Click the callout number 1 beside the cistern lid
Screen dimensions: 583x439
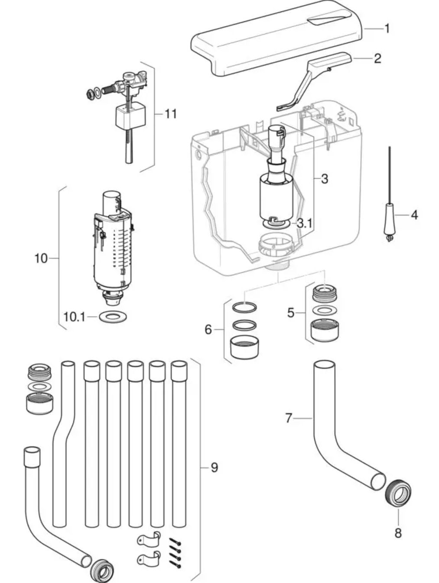(387, 29)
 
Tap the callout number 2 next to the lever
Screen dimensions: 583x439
(377, 58)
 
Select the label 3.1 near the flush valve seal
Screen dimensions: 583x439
(305, 223)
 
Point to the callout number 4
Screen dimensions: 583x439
(414, 215)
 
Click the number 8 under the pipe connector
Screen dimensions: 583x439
(398, 532)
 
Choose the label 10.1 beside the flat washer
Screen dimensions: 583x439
(75, 317)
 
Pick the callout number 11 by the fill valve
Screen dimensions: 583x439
(171, 114)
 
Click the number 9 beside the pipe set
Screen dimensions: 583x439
(214, 467)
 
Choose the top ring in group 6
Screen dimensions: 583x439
(244, 308)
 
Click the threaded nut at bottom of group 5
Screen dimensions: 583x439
(326, 331)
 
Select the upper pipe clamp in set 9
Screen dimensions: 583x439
(149, 539)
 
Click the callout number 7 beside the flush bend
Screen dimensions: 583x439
(289, 418)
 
